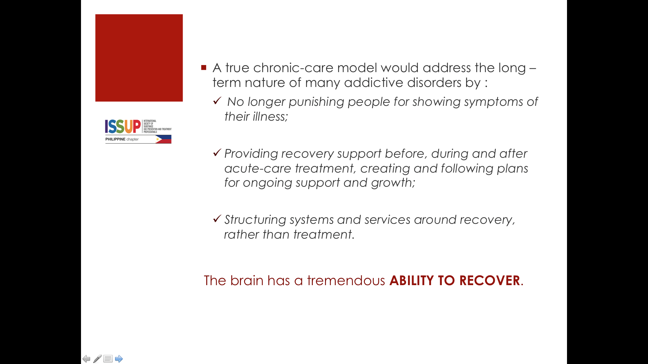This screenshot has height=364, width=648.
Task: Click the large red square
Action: [x=139, y=58]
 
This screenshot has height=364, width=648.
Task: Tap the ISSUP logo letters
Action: [x=123, y=126]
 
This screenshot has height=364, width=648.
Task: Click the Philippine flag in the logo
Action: [x=163, y=139]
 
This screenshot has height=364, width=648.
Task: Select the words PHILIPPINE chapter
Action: [x=122, y=139]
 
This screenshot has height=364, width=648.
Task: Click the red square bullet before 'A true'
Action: [x=204, y=67]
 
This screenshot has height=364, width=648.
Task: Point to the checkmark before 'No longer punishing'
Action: [x=217, y=100]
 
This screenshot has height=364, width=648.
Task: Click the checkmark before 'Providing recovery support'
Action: [x=217, y=152]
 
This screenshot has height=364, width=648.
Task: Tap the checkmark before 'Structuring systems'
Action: [x=217, y=218]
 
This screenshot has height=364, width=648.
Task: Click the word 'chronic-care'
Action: [x=293, y=68]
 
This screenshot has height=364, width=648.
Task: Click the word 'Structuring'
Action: [x=255, y=220]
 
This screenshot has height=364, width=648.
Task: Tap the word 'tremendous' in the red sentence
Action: [x=346, y=280]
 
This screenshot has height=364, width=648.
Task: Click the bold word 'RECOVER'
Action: [x=489, y=280]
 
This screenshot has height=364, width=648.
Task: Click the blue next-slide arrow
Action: [x=119, y=359]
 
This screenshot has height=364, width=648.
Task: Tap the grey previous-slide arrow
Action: [x=86, y=359]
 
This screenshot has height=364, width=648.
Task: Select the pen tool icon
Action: [x=97, y=359]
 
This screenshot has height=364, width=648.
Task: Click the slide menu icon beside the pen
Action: [x=108, y=359]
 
